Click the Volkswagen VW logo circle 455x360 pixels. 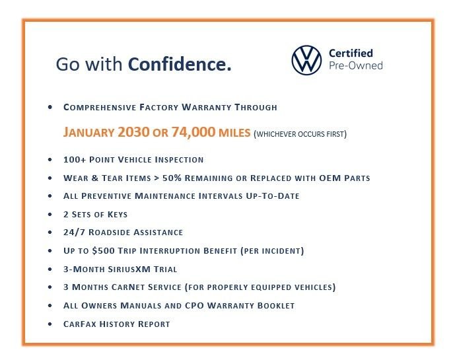[306, 59]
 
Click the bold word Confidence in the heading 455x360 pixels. [180, 65]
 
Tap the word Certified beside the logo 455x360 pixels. [351, 53]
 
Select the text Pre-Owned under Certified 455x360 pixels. [355, 65]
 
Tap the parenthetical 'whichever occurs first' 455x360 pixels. [300, 134]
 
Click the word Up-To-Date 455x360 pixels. [271, 196]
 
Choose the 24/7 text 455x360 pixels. [75, 233]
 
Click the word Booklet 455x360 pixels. [273, 306]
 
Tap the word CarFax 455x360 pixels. [81, 324]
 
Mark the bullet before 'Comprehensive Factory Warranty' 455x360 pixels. [50, 106]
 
